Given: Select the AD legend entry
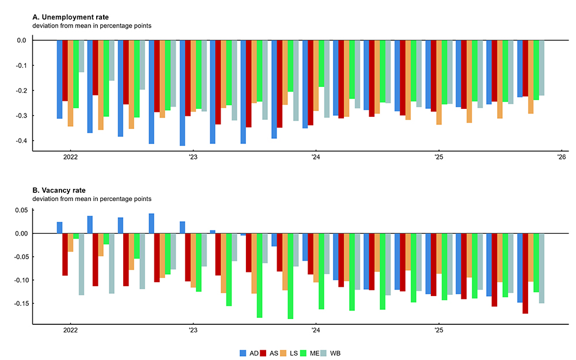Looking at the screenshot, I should (249, 352).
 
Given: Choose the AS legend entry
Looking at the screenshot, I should (271, 352).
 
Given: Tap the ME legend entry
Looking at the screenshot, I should (314, 352).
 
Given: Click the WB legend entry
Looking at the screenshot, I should (336, 352).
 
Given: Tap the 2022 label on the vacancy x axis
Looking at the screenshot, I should (70, 331).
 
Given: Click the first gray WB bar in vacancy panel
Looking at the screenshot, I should (81, 264).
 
